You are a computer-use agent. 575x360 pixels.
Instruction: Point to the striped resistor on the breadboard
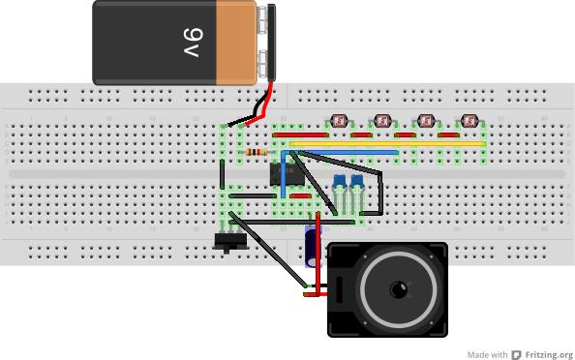[257, 152]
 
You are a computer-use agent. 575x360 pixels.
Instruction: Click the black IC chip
[288, 173]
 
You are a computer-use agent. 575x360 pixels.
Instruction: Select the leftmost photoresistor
[340, 122]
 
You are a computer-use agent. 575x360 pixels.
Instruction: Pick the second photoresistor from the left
[383, 122]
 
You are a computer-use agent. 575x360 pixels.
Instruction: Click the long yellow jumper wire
[387, 143]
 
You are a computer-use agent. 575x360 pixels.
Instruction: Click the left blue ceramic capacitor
[340, 182]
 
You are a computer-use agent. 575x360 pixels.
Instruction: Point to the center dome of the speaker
[397, 291]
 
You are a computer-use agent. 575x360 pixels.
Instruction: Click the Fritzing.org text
[550, 354]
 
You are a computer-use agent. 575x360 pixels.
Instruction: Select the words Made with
[487, 354]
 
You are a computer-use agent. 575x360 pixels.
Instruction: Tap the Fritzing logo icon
[518, 354]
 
